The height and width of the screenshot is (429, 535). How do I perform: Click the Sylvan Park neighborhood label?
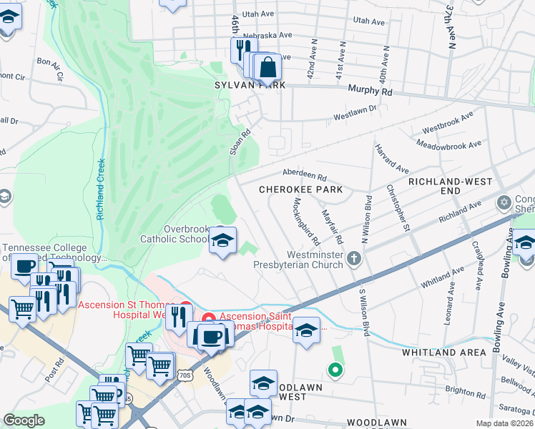(250, 85)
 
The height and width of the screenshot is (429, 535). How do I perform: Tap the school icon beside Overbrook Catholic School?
(222, 242)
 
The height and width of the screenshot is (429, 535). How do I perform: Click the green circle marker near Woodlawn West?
(333, 370)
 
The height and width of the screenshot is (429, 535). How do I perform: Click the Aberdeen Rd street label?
(304, 176)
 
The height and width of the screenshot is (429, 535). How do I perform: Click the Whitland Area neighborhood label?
(438, 352)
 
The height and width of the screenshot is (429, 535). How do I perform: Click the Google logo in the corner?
(24, 420)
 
